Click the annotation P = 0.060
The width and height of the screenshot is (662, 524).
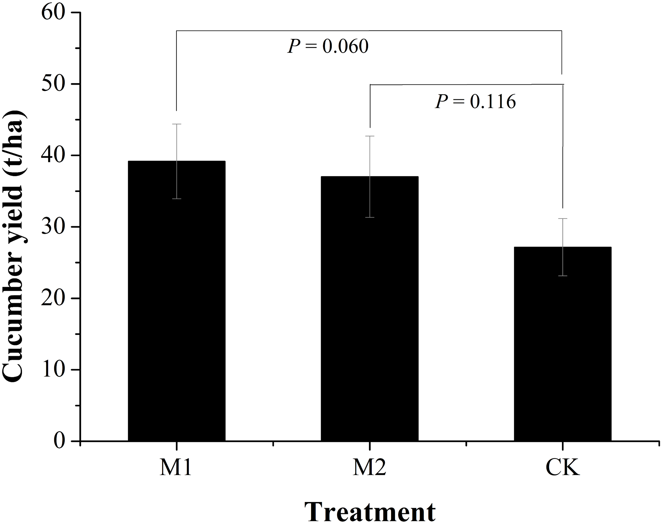point(328,47)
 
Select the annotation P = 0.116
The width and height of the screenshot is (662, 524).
point(476,102)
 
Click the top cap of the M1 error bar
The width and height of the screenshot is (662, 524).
point(176,124)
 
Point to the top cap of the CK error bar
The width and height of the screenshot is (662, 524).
point(563,218)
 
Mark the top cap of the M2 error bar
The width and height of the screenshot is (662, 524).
point(370,136)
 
